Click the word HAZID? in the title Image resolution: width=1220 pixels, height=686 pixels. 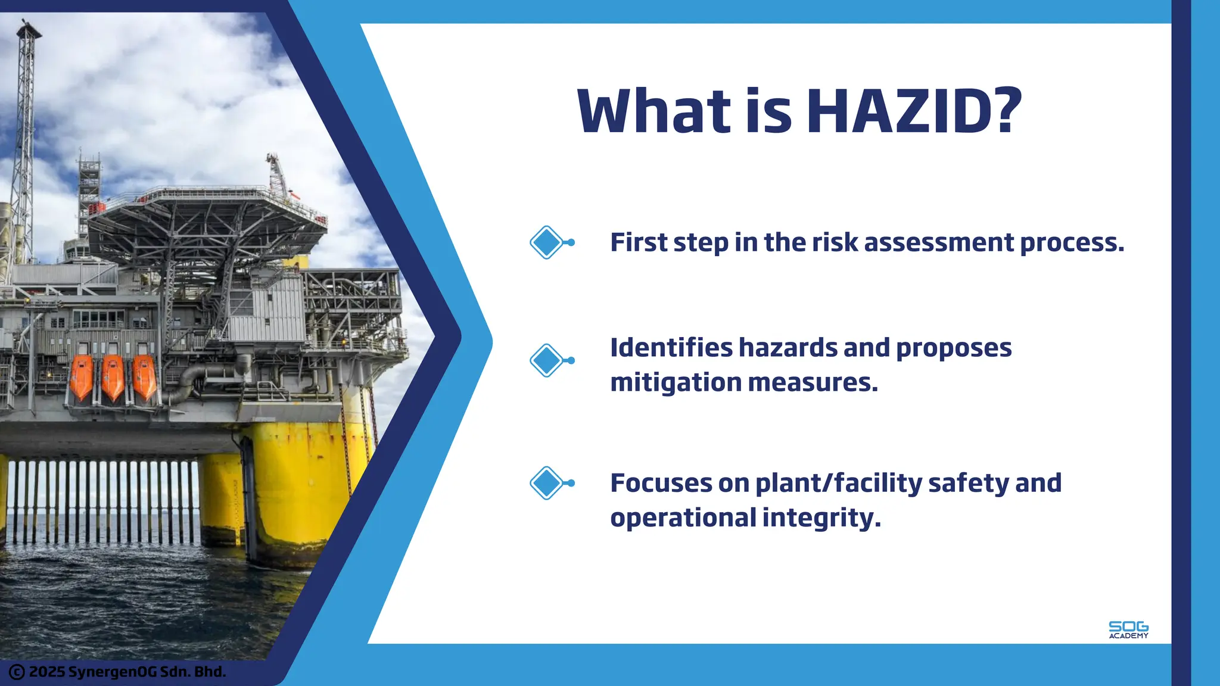coord(914,111)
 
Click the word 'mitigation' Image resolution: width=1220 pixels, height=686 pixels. coord(676,383)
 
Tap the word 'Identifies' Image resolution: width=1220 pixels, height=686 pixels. coord(671,348)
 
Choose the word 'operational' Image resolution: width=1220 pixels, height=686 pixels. coord(683,517)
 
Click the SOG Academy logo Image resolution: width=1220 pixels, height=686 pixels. coord(1128,630)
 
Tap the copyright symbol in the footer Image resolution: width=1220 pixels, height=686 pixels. coord(17,672)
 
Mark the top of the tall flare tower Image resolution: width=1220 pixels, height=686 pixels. coord(27,27)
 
